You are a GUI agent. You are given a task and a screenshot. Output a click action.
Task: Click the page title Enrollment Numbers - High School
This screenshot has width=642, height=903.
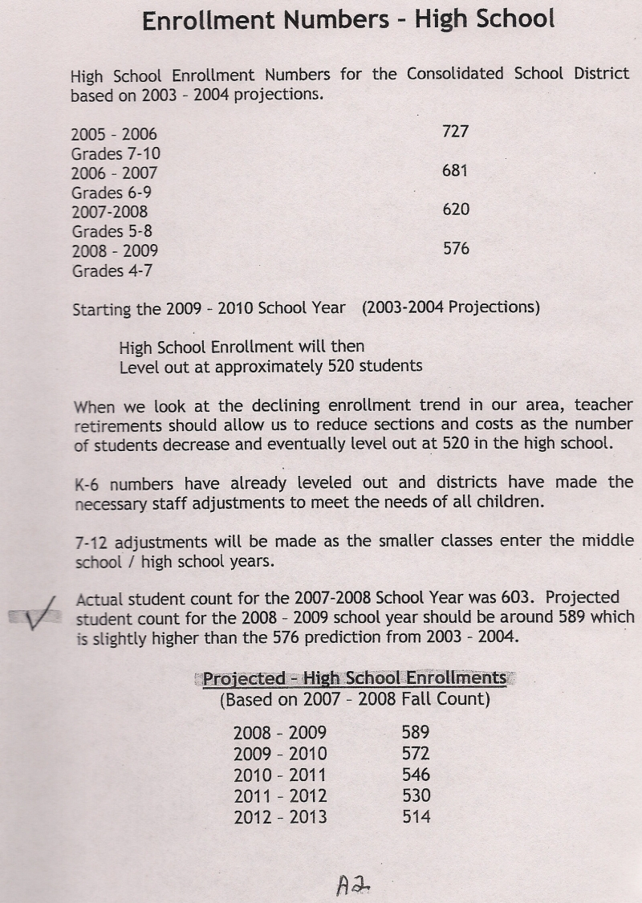[348, 19]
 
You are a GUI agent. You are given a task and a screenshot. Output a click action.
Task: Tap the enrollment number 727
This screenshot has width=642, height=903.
[455, 131]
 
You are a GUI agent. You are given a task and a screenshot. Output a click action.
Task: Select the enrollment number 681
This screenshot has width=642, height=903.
[455, 170]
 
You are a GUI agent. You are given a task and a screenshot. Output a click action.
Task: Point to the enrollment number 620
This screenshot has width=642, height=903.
[455, 209]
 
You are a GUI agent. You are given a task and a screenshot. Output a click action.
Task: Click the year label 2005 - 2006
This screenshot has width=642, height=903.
[114, 134]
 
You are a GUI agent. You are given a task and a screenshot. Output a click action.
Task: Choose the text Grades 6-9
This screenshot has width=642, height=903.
[112, 193]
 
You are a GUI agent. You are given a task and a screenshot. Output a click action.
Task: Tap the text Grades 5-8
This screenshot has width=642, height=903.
[112, 232]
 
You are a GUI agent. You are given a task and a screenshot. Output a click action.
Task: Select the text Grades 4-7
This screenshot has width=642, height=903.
[112, 270]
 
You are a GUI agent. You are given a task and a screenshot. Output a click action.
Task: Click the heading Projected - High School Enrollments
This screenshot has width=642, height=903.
[354, 678]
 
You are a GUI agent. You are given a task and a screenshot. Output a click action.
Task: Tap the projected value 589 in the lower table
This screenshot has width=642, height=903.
[415, 732]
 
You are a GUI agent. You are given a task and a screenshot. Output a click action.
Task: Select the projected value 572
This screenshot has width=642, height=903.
[415, 754]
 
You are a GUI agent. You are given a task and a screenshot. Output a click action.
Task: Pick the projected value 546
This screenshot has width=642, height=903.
[415, 775]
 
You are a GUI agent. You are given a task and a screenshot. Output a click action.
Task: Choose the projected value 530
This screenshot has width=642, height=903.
[415, 795]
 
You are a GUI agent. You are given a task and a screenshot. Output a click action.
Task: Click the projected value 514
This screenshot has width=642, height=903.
[415, 817]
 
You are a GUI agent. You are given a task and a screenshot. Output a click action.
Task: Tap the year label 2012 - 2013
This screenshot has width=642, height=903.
[280, 817]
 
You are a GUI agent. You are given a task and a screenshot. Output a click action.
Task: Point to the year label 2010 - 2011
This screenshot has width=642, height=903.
[280, 775]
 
